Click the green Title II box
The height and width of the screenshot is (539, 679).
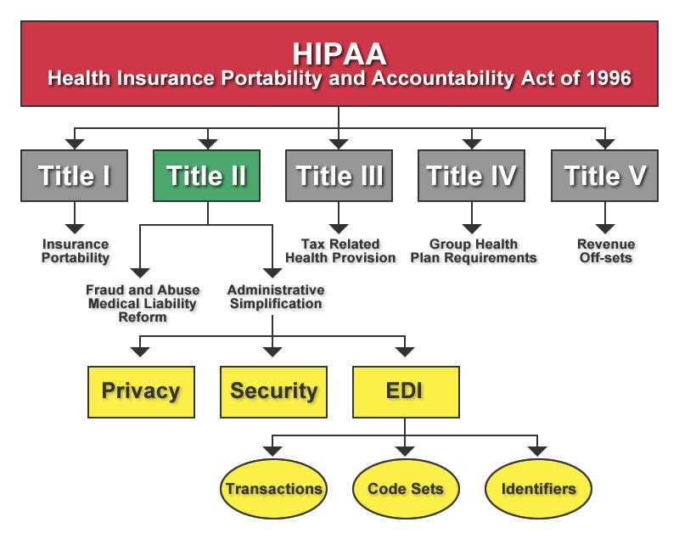[206, 176]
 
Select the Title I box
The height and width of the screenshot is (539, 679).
[74, 176]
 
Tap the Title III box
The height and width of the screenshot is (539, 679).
[339, 176]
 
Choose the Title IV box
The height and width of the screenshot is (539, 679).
[472, 176]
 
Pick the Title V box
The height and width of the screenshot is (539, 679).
[604, 176]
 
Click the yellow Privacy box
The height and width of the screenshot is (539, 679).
[141, 392]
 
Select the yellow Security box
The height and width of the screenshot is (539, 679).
[273, 392]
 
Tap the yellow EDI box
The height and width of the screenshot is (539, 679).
[407, 392]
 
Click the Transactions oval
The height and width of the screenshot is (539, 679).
[273, 488]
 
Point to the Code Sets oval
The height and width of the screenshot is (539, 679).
[406, 488]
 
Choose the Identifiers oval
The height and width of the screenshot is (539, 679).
[538, 488]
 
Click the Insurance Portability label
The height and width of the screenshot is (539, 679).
[76, 251]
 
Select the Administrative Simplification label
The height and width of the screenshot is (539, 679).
[276, 297]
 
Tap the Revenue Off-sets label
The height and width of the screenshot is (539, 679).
[606, 251]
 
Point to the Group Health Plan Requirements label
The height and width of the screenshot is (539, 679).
[474, 251]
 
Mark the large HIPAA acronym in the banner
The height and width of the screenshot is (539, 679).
[339, 53]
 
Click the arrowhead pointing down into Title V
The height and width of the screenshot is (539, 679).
[605, 144]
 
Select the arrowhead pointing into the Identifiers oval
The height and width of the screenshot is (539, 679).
[537, 451]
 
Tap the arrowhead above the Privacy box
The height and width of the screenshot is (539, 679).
[140, 351]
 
